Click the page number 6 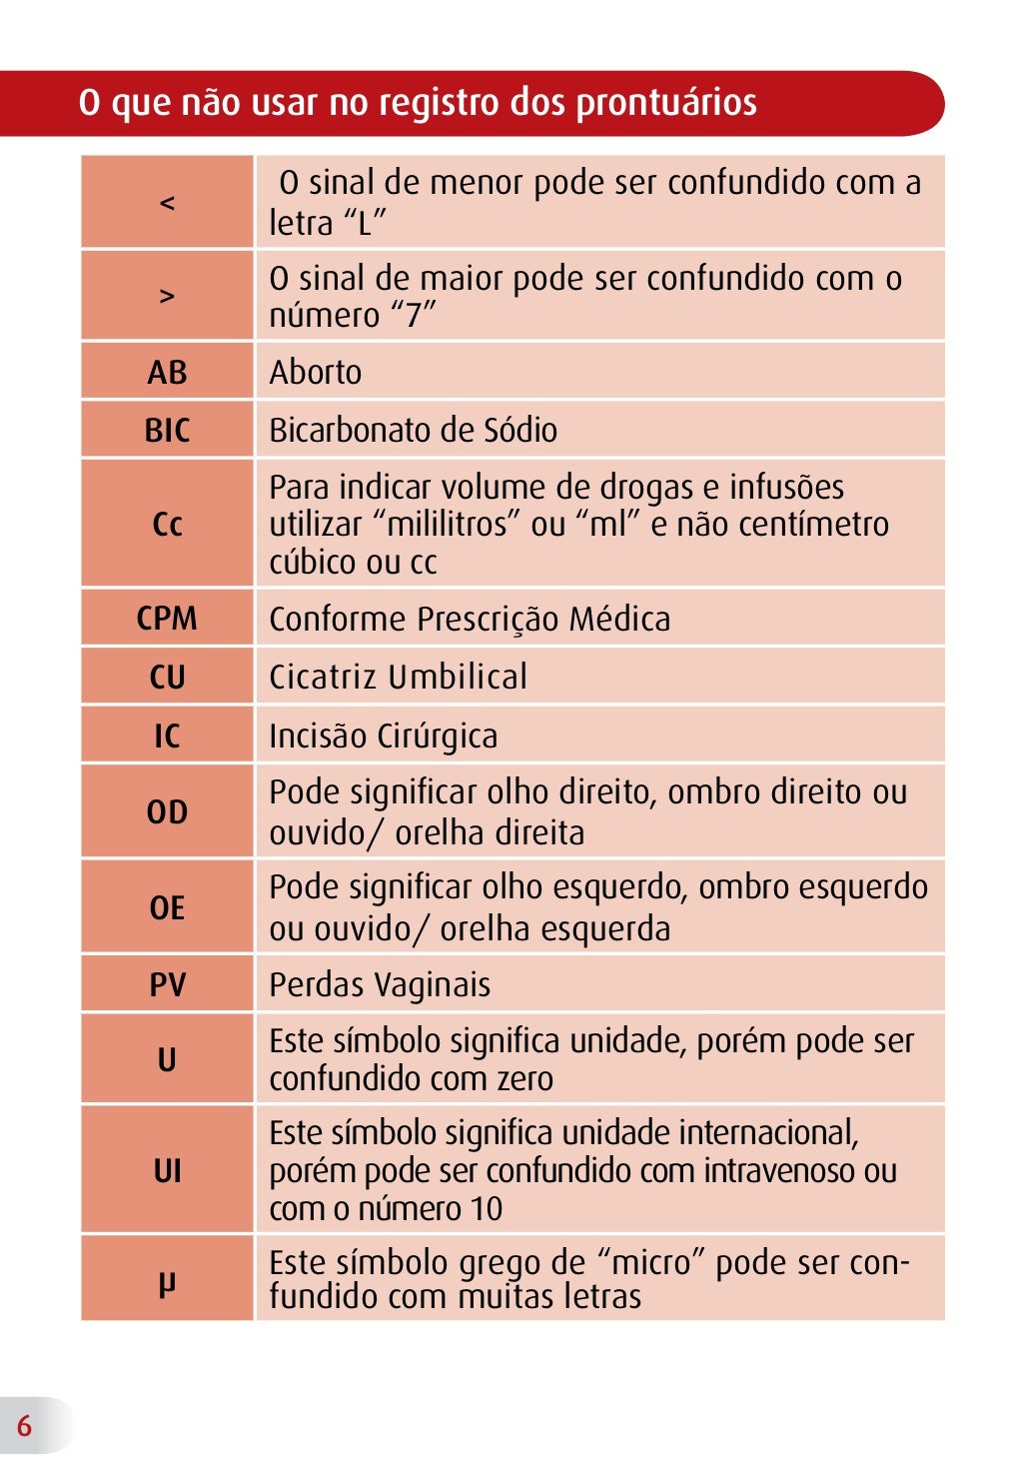[x=24, y=1425]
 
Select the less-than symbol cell [x=167, y=202]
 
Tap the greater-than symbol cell [x=167, y=296]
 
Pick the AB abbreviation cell [x=167, y=372]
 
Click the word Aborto [x=316, y=372]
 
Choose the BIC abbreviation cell [x=167, y=430]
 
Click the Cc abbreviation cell [x=167, y=524]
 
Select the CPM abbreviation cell [x=167, y=619]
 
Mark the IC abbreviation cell [x=167, y=735]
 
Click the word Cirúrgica [x=438, y=736]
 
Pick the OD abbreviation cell [x=167, y=811]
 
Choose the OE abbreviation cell [x=167, y=907]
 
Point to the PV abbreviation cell [x=167, y=984]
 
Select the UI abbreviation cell [x=167, y=1170]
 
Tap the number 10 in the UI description [x=487, y=1209]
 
